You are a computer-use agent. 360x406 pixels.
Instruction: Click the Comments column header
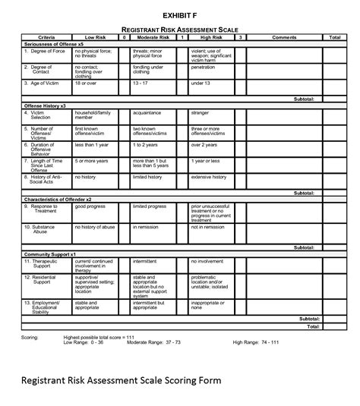click(284, 37)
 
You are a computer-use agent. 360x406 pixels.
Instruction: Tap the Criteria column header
click(46, 37)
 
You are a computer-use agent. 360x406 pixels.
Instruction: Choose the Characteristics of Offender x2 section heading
click(62, 199)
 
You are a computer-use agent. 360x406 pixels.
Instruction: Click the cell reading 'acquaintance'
click(150, 112)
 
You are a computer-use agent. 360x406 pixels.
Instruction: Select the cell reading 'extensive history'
click(210, 177)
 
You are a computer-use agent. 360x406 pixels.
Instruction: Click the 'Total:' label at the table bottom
click(312, 327)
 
